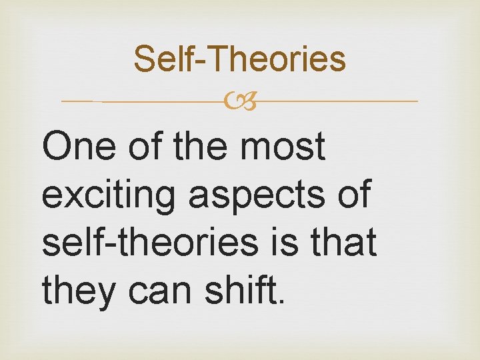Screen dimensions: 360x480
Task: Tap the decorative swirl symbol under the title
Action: coord(240,102)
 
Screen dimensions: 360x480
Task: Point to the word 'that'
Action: coord(345,242)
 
